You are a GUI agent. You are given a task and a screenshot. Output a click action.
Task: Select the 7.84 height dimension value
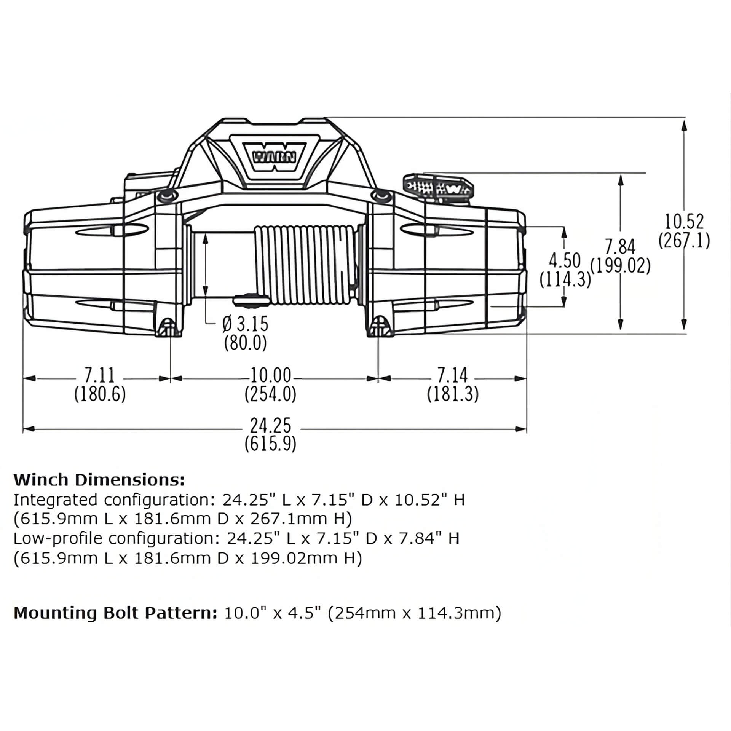click(x=621, y=247)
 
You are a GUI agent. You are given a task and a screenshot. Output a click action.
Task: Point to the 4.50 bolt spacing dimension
click(x=565, y=261)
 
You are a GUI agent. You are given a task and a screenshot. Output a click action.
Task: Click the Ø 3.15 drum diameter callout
click(x=246, y=324)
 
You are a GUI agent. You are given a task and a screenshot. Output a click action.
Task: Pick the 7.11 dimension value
click(x=99, y=375)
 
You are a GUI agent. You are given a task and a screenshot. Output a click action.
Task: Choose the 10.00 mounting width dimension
click(x=270, y=375)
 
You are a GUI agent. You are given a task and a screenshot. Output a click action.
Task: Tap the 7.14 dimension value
click(x=452, y=375)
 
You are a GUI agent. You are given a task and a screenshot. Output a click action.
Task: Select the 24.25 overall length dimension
click(x=270, y=426)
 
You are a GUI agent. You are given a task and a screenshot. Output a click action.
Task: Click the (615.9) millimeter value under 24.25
click(x=270, y=444)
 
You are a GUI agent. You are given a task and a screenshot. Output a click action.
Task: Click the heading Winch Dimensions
click(x=99, y=480)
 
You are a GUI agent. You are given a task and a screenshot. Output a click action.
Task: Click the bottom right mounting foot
click(x=379, y=327)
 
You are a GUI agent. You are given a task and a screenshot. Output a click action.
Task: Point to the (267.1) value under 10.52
click(x=684, y=241)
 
